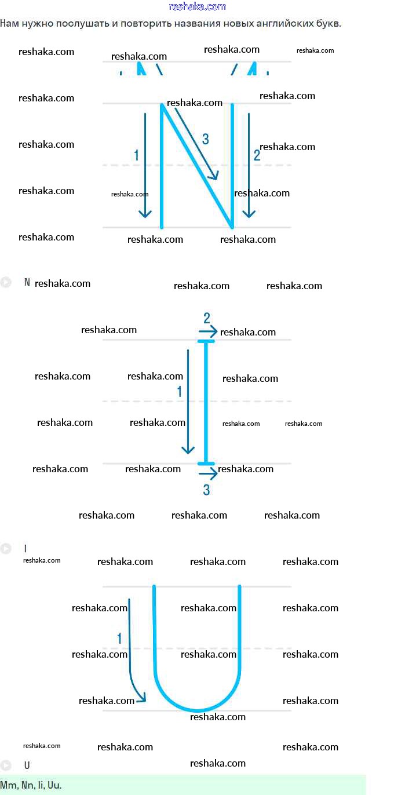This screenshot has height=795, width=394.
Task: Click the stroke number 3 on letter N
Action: [205, 139]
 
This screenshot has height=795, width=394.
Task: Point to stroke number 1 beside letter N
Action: [136, 155]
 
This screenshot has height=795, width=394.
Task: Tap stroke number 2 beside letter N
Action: [257, 155]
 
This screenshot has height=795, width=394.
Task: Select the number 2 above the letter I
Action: [206, 318]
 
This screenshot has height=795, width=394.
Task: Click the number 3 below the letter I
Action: [206, 490]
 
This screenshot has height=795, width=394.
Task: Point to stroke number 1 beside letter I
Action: [179, 392]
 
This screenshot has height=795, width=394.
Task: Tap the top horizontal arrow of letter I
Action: [208, 331]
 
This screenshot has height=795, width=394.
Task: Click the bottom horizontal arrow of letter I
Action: [208, 474]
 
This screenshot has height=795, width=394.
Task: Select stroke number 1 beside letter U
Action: [119, 639]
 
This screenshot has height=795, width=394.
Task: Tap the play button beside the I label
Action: [6, 548]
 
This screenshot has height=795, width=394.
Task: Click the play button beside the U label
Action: [6, 765]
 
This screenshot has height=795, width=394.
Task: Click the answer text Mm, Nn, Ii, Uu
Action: [31, 786]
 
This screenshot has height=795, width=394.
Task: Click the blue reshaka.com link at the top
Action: [197, 6]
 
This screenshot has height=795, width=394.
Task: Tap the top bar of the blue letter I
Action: [206, 342]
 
